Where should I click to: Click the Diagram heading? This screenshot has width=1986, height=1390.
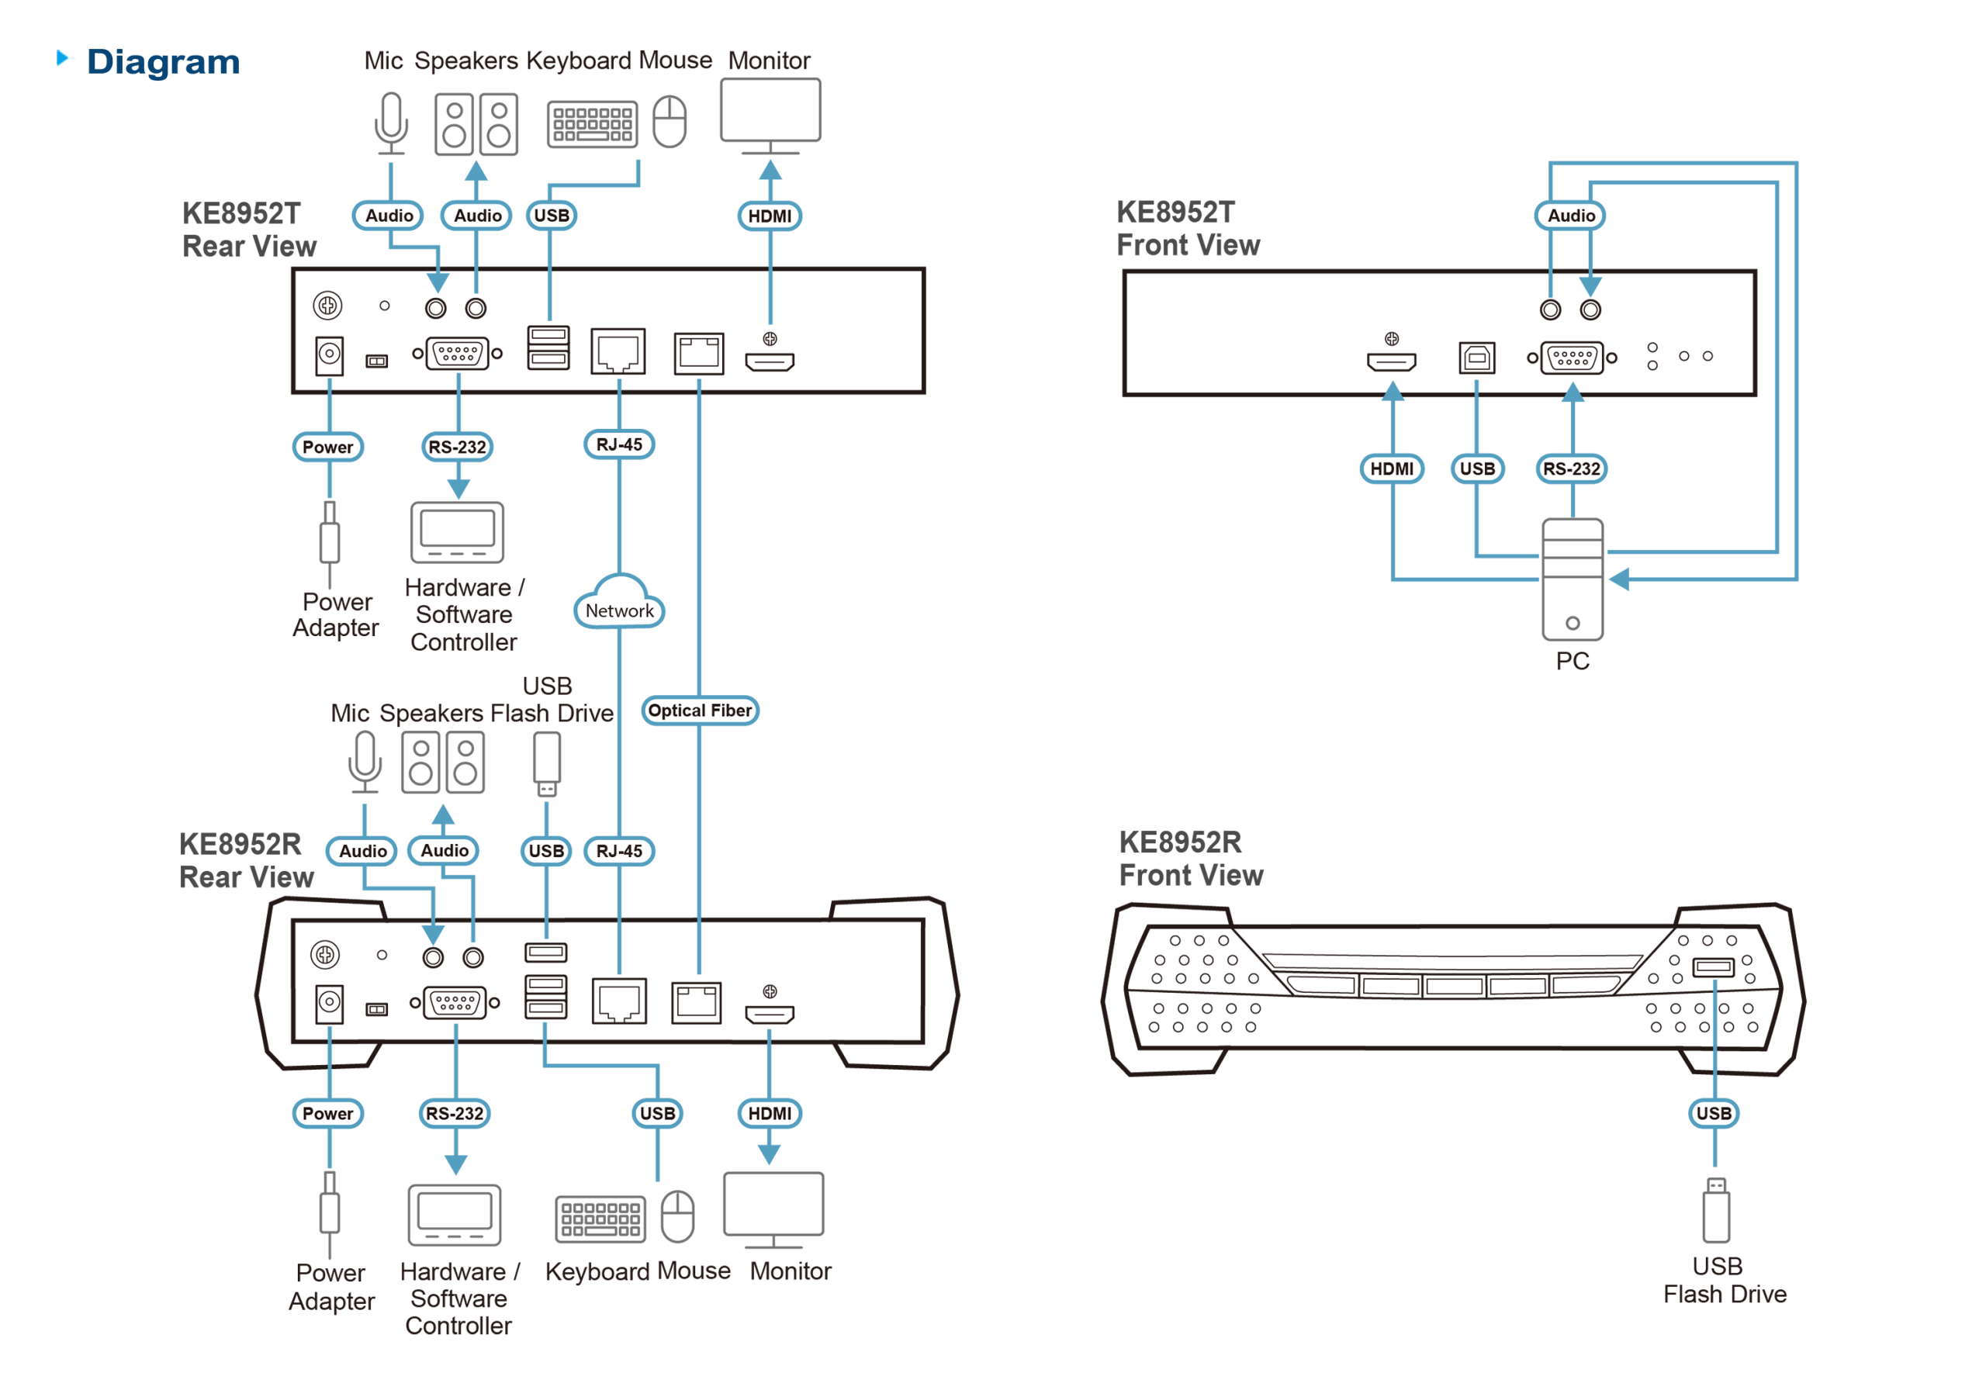pyautogui.click(x=162, y=62)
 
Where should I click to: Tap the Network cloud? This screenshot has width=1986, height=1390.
pyautogui.click(x=619, y=606)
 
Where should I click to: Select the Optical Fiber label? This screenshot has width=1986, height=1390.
pyautogui.click(x=700, y=711)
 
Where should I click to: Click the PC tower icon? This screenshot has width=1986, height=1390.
pyautogui.click(x=1572, y=579)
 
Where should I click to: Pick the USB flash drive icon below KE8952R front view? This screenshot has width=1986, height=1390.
pyautogui.click(x=1715, y=1211)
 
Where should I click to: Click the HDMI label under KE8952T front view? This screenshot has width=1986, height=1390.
pyautogui.click(x=1391, y=468)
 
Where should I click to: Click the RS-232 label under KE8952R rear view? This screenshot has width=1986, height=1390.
pyautogui.click(x=454, y=1113)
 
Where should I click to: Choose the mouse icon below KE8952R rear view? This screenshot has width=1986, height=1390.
pyautogui.click(x=677, y=1215)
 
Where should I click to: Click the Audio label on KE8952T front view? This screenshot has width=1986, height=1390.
pyautogui.click(x=1570, y=216)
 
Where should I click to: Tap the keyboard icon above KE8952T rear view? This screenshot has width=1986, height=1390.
pyautogui.click(x=593, y=123)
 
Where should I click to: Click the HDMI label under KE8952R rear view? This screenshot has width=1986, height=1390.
pyautogui.click(x=769, y=1113)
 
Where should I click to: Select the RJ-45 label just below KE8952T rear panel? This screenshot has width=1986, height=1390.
pyautogui.click(x=618, y=444)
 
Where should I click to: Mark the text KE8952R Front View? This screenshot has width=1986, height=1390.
pyautogui.click(x=1190, y=858)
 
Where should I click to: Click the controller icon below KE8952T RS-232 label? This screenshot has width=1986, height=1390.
pyautogui.click(x=458, y=532)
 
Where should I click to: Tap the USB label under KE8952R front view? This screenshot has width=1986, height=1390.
pyautogui.click(x=1714, y=1113)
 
